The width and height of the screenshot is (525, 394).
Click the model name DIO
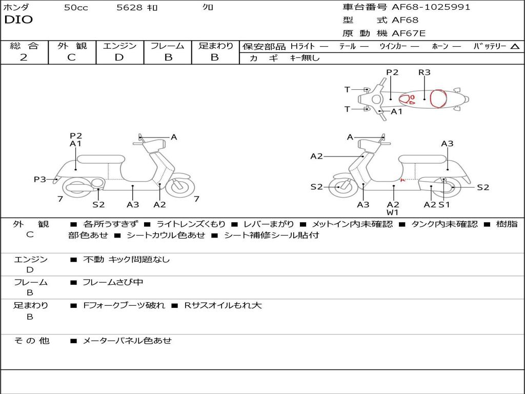tap(18, 20)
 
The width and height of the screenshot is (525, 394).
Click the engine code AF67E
tap(409, 34)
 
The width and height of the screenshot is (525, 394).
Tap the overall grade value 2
tap(24, 57)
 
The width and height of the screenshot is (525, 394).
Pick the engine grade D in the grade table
tap(119, 57)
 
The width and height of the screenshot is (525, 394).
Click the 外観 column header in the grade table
tap(72, 46)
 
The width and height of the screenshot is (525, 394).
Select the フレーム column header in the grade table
tap(168, 46)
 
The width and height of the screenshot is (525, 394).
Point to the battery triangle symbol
tap(515, 46)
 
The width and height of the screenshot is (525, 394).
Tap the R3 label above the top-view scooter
tap(424, 72)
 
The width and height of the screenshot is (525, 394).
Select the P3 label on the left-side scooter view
tap(40, 179)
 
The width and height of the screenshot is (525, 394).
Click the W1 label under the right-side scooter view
tap(393, 212)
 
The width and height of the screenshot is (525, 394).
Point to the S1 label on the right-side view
tap(444, 205)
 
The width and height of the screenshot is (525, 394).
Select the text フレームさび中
tap(113, 282)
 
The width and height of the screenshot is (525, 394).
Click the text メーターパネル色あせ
tap(127, 341)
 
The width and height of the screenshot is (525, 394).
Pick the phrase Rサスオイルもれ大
tap(223, 305)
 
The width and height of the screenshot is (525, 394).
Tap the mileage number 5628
tap(130, 7)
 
